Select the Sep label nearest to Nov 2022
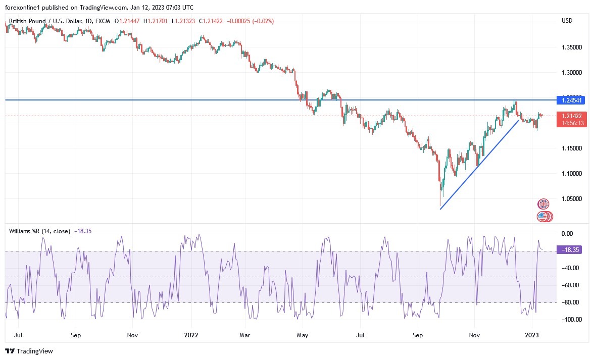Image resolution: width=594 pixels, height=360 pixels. [417, 335]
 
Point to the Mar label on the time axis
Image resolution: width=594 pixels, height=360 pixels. [244, 335]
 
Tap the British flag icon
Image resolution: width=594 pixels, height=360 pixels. [543, 204]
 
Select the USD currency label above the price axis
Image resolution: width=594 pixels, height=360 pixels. [567, 21]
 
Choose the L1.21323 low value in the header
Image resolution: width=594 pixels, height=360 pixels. [184, 21]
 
